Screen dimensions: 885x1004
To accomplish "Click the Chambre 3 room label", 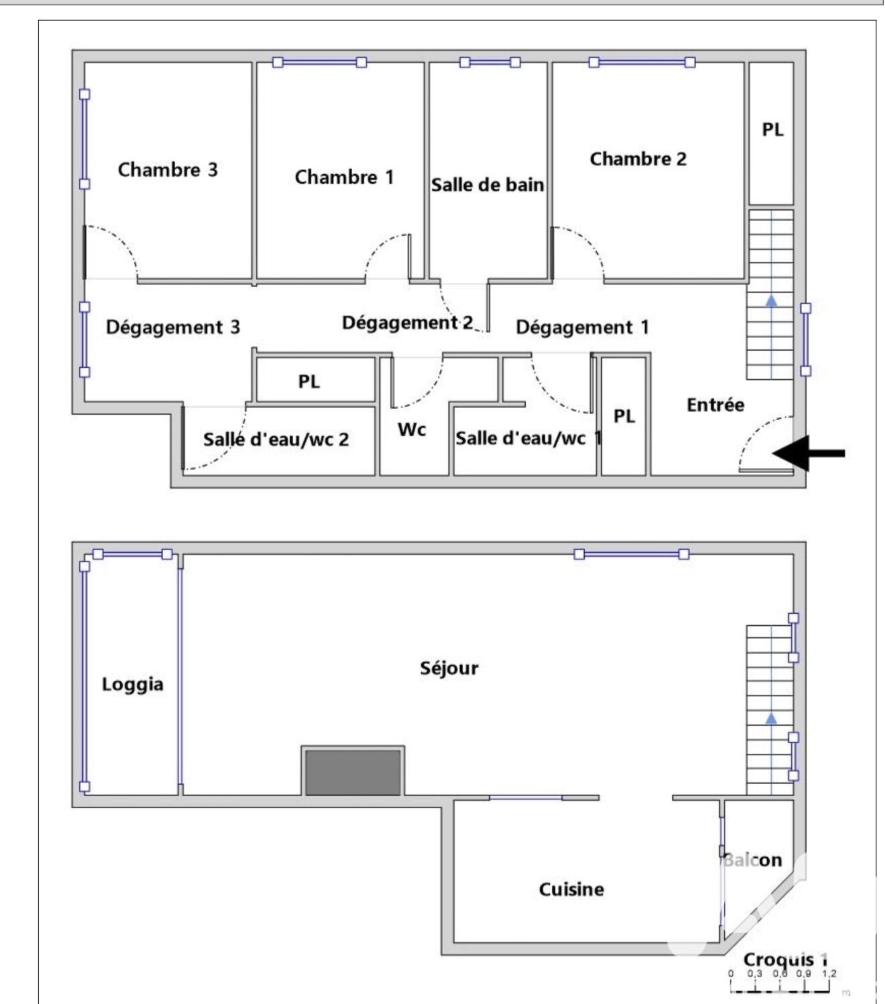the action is coord(168,170).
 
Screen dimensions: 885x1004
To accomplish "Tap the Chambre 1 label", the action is coord(344,177).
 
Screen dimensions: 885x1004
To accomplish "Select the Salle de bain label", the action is coord(487,185).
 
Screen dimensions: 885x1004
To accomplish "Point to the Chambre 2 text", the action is coord(638,159).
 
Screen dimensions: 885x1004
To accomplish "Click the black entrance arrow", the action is coord(809,453).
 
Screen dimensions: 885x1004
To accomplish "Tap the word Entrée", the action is coord(715,405).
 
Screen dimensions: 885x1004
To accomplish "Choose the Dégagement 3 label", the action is coord(173,327).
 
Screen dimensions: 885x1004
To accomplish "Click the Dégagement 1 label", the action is coord(582,327).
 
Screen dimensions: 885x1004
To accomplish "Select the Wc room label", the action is coord(412,430).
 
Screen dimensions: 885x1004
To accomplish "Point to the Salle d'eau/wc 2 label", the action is coord(276,439).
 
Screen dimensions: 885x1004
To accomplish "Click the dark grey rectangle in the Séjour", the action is coord(353,772).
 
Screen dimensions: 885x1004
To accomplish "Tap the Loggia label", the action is coord(132,684).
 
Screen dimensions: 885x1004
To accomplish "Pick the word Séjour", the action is coord(449,668).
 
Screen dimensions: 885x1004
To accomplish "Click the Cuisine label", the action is coord(571,889).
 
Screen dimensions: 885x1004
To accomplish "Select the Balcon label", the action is coord(753,860).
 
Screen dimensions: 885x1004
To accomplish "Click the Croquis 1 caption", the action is coord(785,959).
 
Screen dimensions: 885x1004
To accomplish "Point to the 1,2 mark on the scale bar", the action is coord(829,973).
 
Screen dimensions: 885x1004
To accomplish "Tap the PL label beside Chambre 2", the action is coord(772,129).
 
